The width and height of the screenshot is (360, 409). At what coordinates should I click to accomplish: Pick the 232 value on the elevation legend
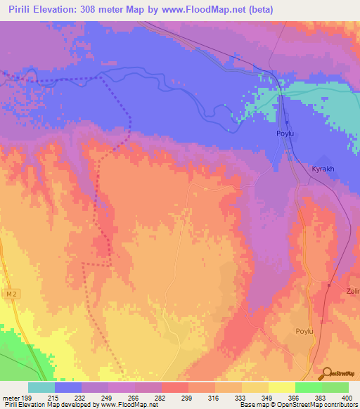(82, 398)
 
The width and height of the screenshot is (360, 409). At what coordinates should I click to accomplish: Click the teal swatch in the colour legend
(41, 387)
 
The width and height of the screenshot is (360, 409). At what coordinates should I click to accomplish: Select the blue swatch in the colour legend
(67, 387)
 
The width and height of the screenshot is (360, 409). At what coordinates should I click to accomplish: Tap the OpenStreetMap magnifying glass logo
(326, 374)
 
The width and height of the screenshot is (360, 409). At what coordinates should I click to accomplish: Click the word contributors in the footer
(342, 405)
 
